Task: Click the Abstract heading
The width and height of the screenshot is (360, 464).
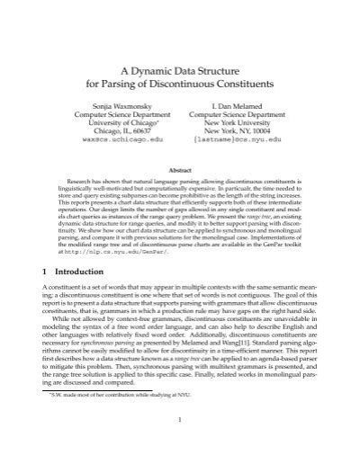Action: coord(180,171)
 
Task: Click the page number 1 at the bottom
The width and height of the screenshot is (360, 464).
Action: coord(180,443)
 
